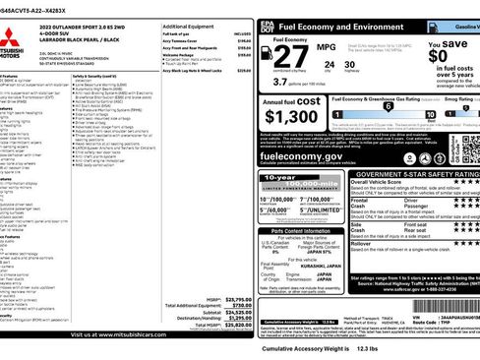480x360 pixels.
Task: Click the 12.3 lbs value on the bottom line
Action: tap(366, 348)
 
